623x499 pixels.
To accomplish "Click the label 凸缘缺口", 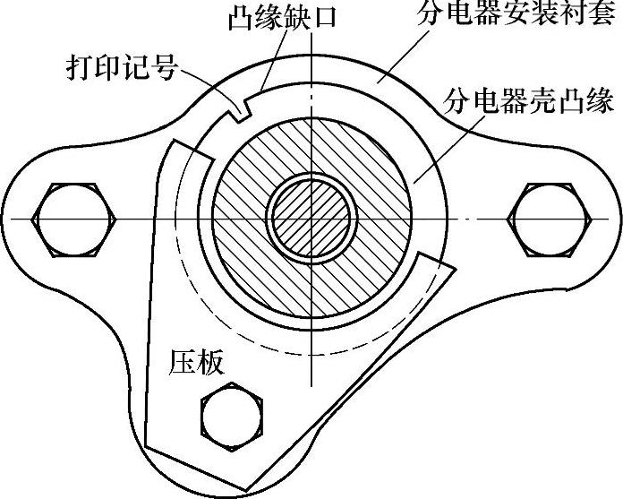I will [x=279, y=18].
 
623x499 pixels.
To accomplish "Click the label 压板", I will [x=196, y=362].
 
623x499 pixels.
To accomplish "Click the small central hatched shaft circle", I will [x=311, y=219].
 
